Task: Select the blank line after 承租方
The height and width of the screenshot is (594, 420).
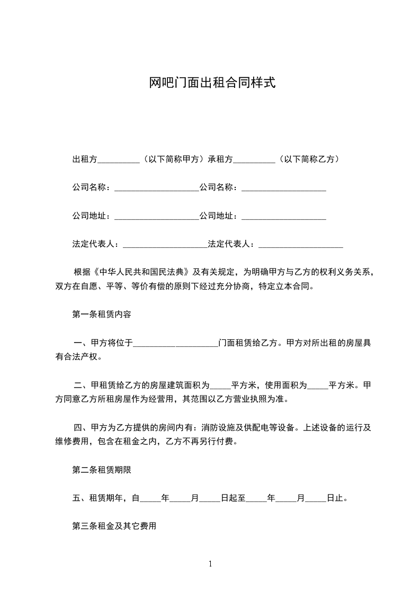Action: (254, 159)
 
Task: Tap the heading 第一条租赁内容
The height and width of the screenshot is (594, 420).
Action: (101, 314)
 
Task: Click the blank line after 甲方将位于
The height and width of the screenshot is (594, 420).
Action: (175, 344)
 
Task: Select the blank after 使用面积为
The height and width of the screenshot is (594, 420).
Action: (318, 385)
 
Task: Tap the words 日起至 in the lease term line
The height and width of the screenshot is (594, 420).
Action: (233, 498)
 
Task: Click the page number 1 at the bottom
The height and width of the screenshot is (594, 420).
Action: (210, 564)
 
